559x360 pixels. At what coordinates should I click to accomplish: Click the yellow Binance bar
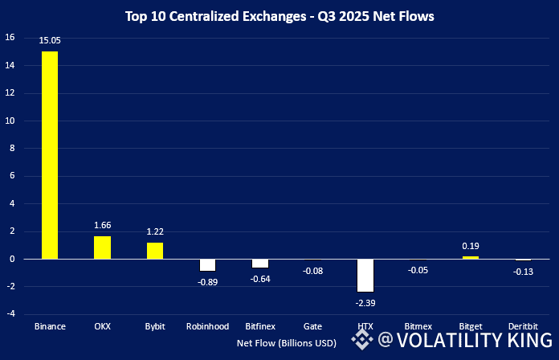(50, 155)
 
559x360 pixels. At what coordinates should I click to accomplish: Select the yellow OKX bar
(102, 247)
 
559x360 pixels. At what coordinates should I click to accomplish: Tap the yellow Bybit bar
(155, 251)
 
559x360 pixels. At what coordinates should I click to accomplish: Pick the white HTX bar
(365, 276)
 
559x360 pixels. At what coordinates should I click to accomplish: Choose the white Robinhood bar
(208, 265)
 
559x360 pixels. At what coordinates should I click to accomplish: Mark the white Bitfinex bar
(260, 264)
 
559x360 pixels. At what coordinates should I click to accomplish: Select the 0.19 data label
(471, 247)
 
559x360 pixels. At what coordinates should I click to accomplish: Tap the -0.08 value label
(313, 271)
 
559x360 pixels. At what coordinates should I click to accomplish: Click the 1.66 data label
(102, 227)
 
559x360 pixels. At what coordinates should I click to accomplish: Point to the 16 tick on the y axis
(10, 38)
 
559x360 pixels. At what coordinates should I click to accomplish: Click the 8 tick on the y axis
(11, 149)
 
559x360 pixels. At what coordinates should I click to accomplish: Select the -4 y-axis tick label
(10, 314)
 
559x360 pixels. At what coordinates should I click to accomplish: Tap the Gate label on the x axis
(313, 327)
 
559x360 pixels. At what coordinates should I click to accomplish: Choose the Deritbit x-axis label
(524, 327)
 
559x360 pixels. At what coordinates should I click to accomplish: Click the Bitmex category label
(418, 327)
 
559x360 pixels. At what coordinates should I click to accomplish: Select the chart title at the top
(279, 15)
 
